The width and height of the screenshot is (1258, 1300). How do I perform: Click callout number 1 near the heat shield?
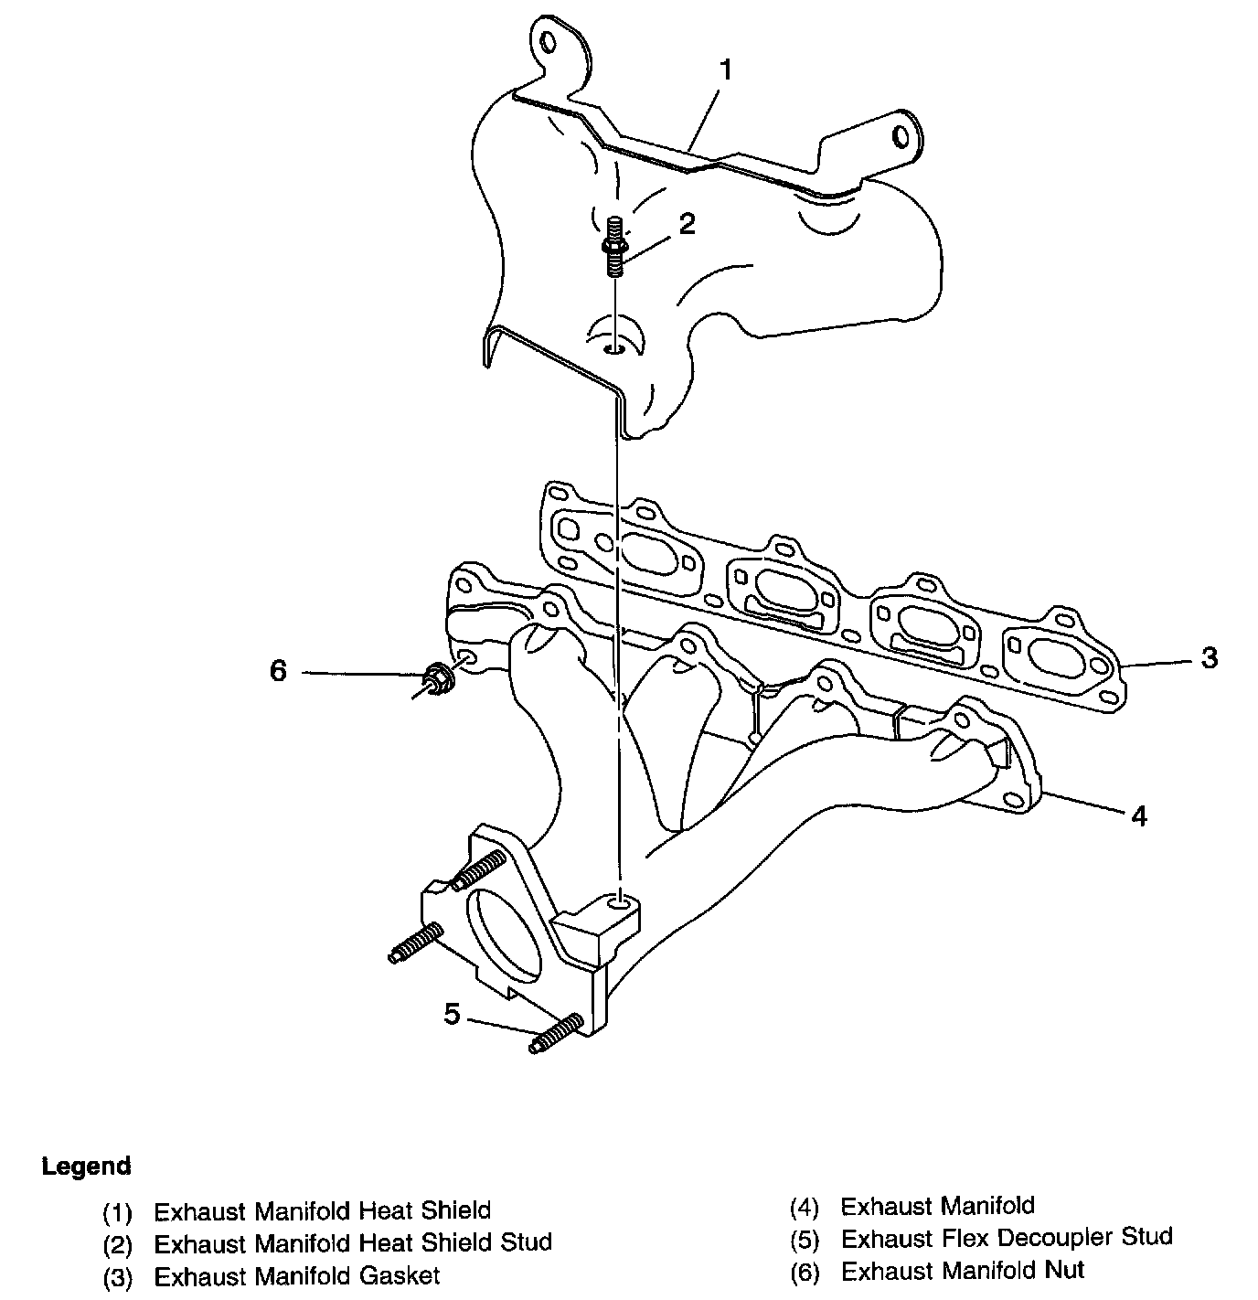[x=726, y=70]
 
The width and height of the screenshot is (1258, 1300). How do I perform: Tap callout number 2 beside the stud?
[x=687, y=224]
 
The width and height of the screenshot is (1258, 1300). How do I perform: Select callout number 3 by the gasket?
[x=1210, y=657]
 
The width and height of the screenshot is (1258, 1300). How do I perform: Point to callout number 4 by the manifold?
[x=1138, y=815]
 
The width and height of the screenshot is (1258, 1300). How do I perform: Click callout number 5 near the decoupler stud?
[x=452, y=1013]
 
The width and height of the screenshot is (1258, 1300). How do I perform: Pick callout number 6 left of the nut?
[x=278, y=671]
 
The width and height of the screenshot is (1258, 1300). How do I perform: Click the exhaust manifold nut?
[x=434, y=677]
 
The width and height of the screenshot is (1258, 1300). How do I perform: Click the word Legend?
[x=87, y=1167]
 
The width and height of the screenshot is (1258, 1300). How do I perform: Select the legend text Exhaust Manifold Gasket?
[x=296, y=1275]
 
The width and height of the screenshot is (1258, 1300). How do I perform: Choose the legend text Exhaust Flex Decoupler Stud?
[x=1006, y=1238]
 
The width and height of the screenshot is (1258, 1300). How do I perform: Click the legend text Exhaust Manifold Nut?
[x=962, y=1271]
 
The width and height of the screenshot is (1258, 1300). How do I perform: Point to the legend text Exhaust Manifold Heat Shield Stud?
[x=352, y=1242]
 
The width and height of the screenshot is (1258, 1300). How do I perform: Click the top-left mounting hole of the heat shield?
[x=549, y=42]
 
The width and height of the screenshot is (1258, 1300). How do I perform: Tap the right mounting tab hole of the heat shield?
[x=901, y=135]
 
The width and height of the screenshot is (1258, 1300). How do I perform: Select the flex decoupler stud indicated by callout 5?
[x=556, y=1034]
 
